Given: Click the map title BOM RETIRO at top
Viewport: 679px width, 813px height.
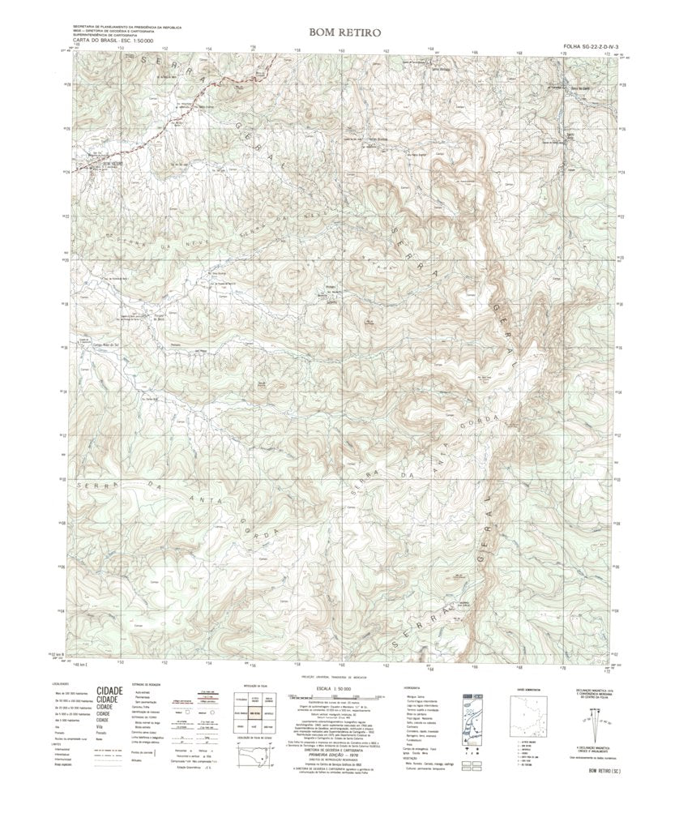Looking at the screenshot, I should [x=339, y=32].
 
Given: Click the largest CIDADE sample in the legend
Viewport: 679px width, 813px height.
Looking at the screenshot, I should [x=110, y=691].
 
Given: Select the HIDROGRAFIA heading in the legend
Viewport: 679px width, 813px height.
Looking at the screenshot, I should [x=412, y=686].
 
